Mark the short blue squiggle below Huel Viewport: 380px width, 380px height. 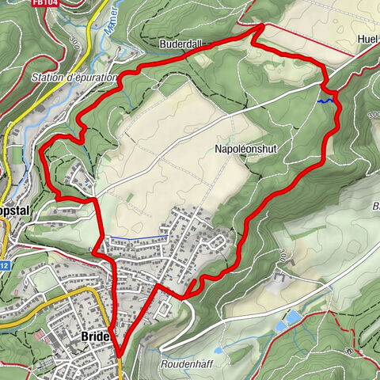(322, 101)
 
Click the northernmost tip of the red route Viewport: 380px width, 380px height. (263, 25)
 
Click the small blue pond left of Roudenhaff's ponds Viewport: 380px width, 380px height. (217, 349)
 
